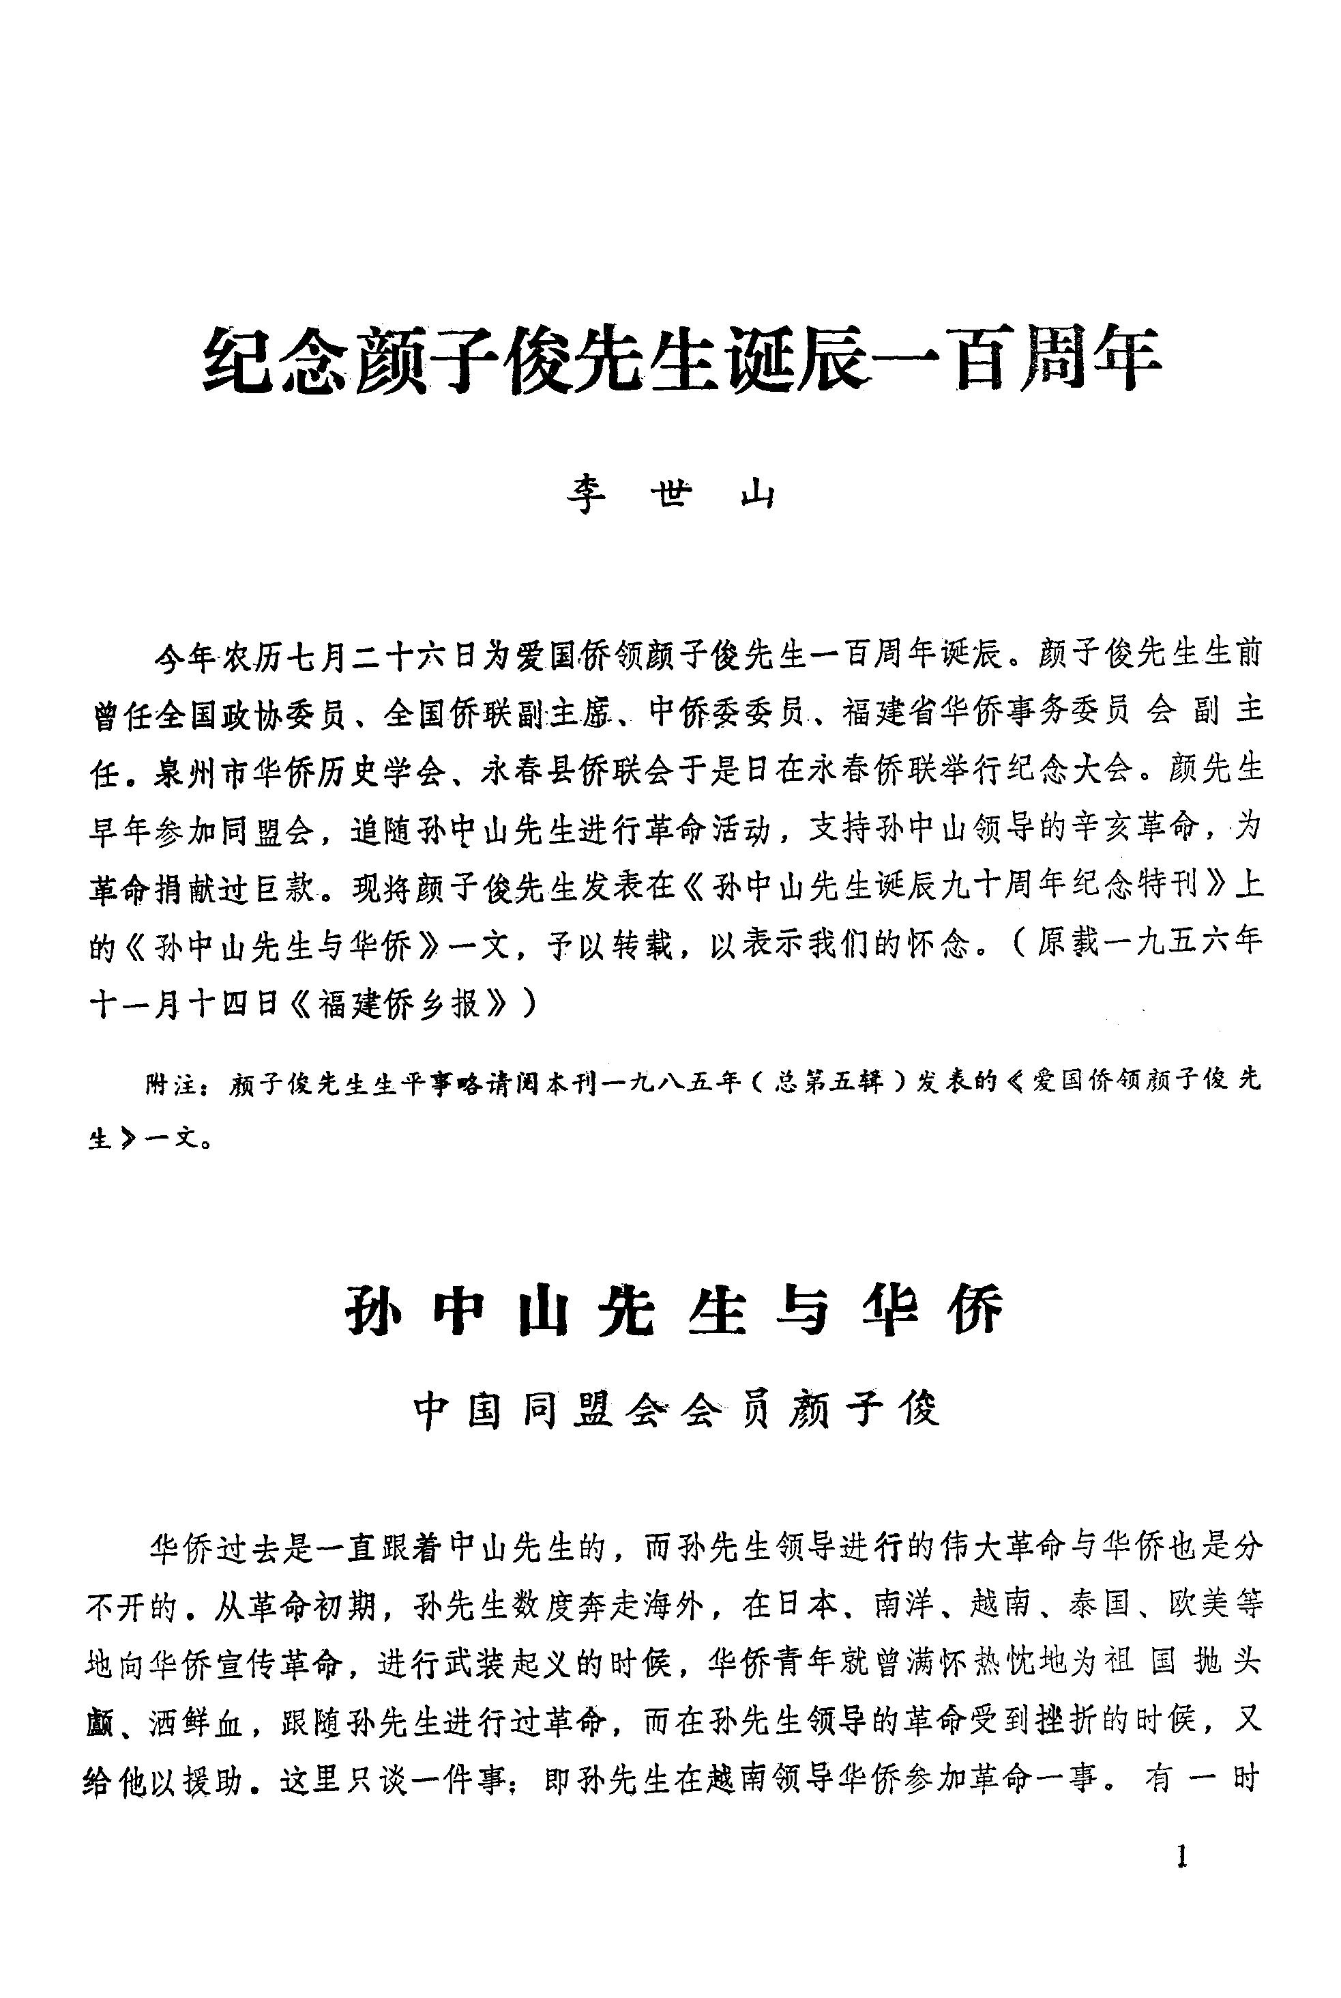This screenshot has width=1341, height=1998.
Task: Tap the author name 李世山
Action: (x=671, y=496)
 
